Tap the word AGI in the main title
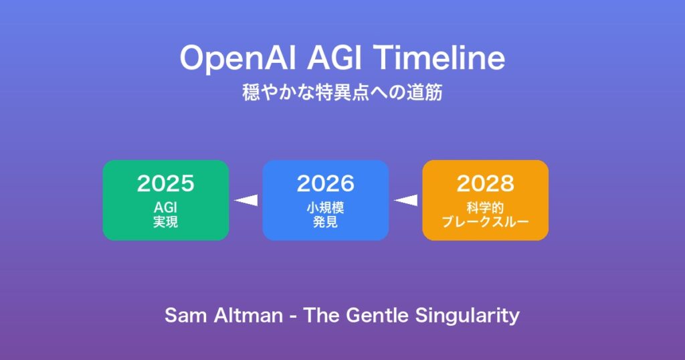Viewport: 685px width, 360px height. pyautogui.click(x=335, y=58)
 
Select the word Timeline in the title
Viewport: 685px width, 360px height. pyautogui.click(x=439, y=58)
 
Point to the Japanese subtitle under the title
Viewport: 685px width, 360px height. pyautogui.click(x=342, y=92)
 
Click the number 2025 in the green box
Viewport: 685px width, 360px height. pyautogui.click(x=166, y=183)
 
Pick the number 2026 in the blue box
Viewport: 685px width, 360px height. pyautogui.click(x=326, y=183)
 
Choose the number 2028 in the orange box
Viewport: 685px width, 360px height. pyautogui.click(x=486, y=183)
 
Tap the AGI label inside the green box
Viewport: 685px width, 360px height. pyautogui.click(x=166, y=207)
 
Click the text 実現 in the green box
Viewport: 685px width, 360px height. pyautogui.click(x=166, y=222)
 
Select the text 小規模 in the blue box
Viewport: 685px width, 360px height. pyautogui.click(x=326, y=207)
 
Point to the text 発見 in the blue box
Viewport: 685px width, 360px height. pyautogui.click(x=326, y=222)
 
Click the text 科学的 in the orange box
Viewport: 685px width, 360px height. pyautogui.click(x=486, y=207)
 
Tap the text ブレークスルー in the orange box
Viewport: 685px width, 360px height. pyautogui.click(x=486, y=222)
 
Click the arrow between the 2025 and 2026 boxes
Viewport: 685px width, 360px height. pyautogui.click(x=246, y=200)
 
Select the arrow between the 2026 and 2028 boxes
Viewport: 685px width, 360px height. pyautogui.click(x=406, y=200)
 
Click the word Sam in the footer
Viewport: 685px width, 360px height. pyautogui.click(x=186, y=315)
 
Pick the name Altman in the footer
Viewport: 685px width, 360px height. pyautogui.click(x=248, y=315)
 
